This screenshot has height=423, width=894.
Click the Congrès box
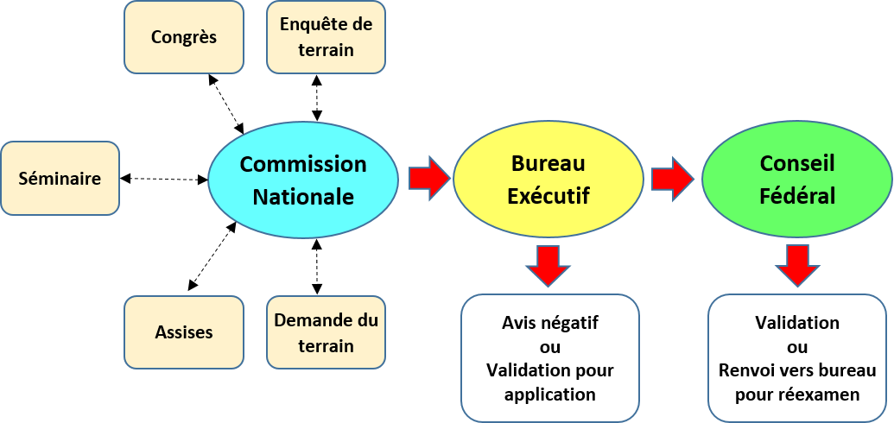[184, 37]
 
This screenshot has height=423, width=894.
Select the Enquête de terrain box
[327, 37]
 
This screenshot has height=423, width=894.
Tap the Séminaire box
[60, 179]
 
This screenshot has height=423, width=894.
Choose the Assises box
[184, 331]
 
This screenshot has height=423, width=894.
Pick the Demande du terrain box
[327, 331]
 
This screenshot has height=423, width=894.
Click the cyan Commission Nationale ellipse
[303, 180]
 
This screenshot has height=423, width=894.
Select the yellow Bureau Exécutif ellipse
[548, 180]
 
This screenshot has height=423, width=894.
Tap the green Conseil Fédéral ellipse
[797, 180]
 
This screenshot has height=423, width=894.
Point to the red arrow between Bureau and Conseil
[673, 179]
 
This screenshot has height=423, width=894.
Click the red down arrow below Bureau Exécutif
[548, 266]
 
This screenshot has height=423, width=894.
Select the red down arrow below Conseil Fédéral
[797, 266]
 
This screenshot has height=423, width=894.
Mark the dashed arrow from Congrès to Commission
[227, 104]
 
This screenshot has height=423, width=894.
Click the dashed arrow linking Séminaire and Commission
[164, 179]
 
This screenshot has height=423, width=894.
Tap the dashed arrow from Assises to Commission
[212, 256]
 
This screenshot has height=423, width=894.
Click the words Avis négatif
[550, 323]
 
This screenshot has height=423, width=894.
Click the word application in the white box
[550, 395]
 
